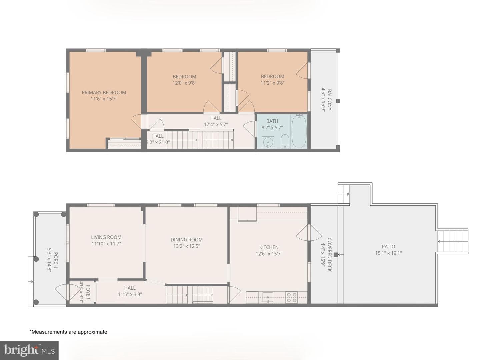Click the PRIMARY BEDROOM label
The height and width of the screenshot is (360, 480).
point(104,92)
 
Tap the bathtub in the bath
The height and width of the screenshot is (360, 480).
point(299,131)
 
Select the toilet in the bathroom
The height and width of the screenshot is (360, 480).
point(285,141)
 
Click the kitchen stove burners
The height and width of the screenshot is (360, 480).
point(292,297)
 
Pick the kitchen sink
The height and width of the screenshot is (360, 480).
point(268,297)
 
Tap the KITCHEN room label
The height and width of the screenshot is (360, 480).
point(269,247)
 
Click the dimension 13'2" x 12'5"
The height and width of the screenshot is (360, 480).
point(187,246)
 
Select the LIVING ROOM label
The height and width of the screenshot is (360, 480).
point(106,237)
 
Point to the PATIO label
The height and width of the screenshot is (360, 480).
point(388,247)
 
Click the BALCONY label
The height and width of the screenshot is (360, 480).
point(329,100)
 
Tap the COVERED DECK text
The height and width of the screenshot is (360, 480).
point(329,255)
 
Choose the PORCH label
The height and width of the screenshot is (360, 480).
point(56,260)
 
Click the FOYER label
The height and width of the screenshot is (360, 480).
point(88,292)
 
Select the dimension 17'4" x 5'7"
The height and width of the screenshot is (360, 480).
point(216,125)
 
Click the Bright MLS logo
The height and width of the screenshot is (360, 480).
point(29,350)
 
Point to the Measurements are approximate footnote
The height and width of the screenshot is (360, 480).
point(68,332)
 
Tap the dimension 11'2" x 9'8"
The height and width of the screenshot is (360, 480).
point(272,83)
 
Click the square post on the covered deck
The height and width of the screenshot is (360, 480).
point(336,255)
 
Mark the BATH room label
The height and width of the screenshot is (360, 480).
point(272,121)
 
